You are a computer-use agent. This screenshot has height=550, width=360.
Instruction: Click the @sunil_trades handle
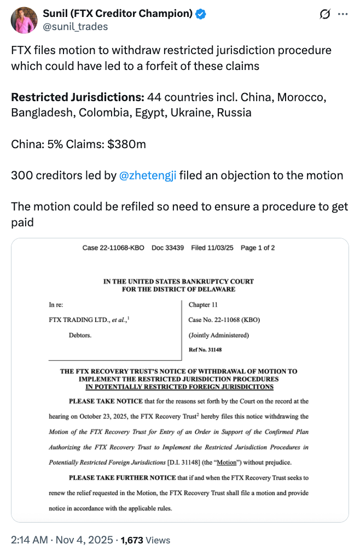point(75,26)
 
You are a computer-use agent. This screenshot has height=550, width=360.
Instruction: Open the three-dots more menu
point(342,15)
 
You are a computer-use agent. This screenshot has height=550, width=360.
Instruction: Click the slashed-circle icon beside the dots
point(324,15)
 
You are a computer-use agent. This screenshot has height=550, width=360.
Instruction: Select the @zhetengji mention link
point(147,176)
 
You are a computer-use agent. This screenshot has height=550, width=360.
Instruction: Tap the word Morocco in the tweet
point(301,98)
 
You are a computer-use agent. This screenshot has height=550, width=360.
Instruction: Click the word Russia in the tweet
point(234,113)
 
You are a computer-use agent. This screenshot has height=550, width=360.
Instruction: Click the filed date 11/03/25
point(214,248)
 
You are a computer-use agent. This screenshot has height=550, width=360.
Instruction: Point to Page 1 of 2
point(258,248)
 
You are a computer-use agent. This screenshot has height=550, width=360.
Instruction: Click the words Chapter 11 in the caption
point(203,305)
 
